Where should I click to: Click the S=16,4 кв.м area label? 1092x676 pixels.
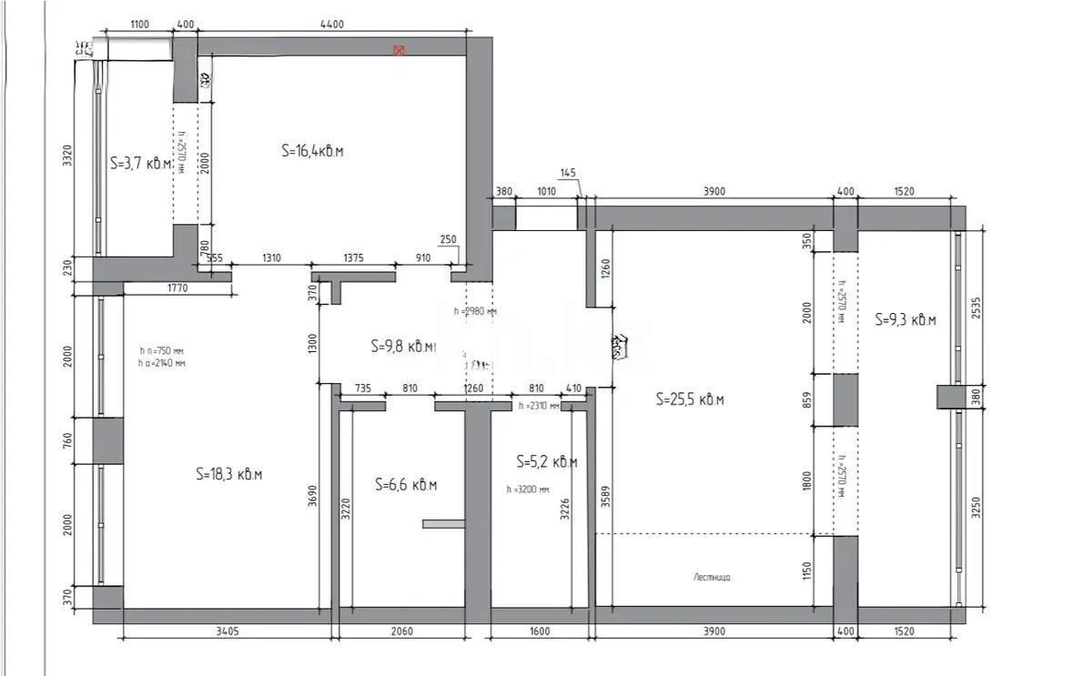312,151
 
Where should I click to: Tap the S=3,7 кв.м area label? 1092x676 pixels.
141,164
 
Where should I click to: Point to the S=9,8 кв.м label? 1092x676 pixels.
403,347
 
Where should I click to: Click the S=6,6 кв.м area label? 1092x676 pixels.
406,486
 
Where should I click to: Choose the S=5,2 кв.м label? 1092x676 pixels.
546,461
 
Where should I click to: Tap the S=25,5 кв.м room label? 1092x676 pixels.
690,399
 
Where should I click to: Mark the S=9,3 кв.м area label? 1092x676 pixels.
905,319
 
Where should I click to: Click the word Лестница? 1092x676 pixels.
712,577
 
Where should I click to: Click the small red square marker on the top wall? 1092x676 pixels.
399,50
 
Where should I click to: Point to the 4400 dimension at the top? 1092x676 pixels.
332,25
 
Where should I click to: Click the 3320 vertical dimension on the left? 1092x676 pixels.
66,157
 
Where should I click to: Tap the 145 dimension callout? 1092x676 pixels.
568,173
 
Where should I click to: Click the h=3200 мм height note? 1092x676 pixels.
528,489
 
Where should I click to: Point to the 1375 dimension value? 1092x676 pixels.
353,258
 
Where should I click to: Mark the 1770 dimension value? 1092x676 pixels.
177,289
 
